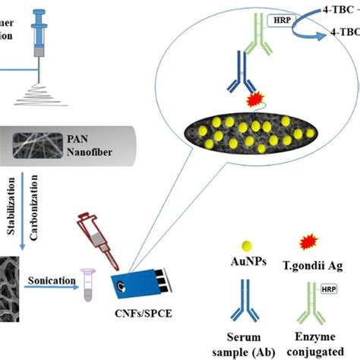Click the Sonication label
[70, 280]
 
